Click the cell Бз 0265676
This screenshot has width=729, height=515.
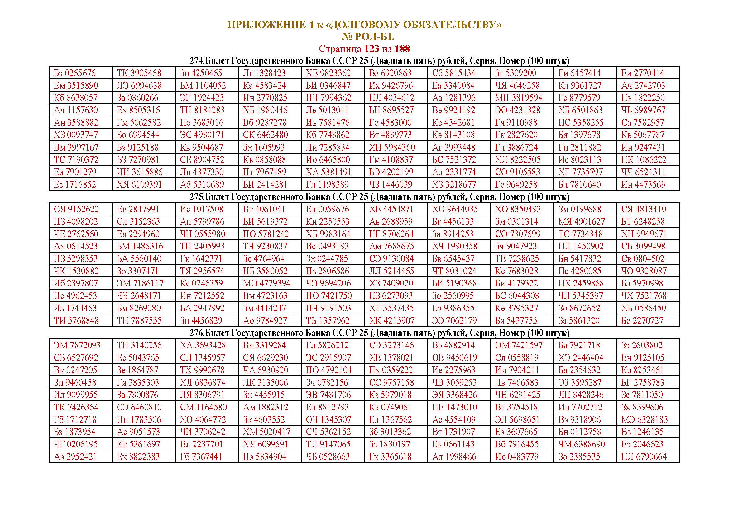(74, 73)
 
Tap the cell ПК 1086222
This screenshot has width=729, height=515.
(644, 160)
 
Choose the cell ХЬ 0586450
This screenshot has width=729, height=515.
(643, 308)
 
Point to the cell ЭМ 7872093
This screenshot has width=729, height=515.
(77, 345)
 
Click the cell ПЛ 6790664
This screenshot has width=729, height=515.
(644, 457)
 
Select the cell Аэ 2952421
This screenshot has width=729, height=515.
(75, 457)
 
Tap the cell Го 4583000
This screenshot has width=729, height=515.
(390, 123)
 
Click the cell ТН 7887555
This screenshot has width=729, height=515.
(139, 321)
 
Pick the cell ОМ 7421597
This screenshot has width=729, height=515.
(519, 345)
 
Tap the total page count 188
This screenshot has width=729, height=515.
(402, 49)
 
